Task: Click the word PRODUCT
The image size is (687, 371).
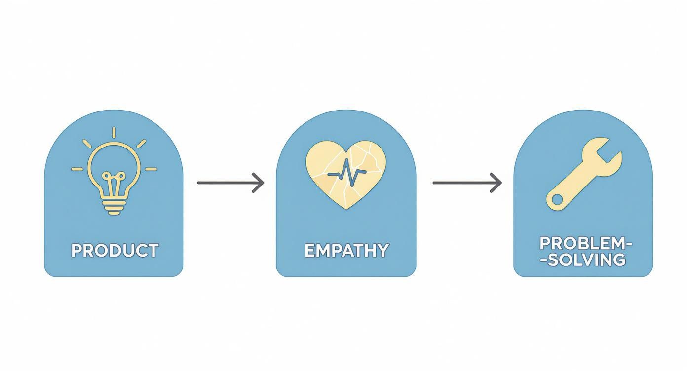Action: click(x=114, y=250)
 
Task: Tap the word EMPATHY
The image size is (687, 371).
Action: click(x=346, y=250)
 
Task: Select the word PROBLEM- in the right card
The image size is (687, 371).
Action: click(x=585, y=243)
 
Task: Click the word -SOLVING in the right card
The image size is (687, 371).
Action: click(x=585, y=260)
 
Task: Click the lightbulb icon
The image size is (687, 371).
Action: click(x=114, y=173)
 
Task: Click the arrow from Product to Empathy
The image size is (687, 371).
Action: click(x=230, y=183)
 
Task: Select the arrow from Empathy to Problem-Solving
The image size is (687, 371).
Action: click(x=466, y=183)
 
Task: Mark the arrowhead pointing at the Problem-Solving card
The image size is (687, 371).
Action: click(x=496, y=183)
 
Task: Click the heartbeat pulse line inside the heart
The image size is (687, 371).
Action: click(x=346, y=173)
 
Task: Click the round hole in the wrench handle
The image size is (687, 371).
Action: click(x=557, y=199)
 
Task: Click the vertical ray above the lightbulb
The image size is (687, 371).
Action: click(x=114, y=132)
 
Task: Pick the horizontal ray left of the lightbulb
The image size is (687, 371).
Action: click(x=78, y=169)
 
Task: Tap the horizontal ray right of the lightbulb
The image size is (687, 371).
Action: click(x=151, y=169)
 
